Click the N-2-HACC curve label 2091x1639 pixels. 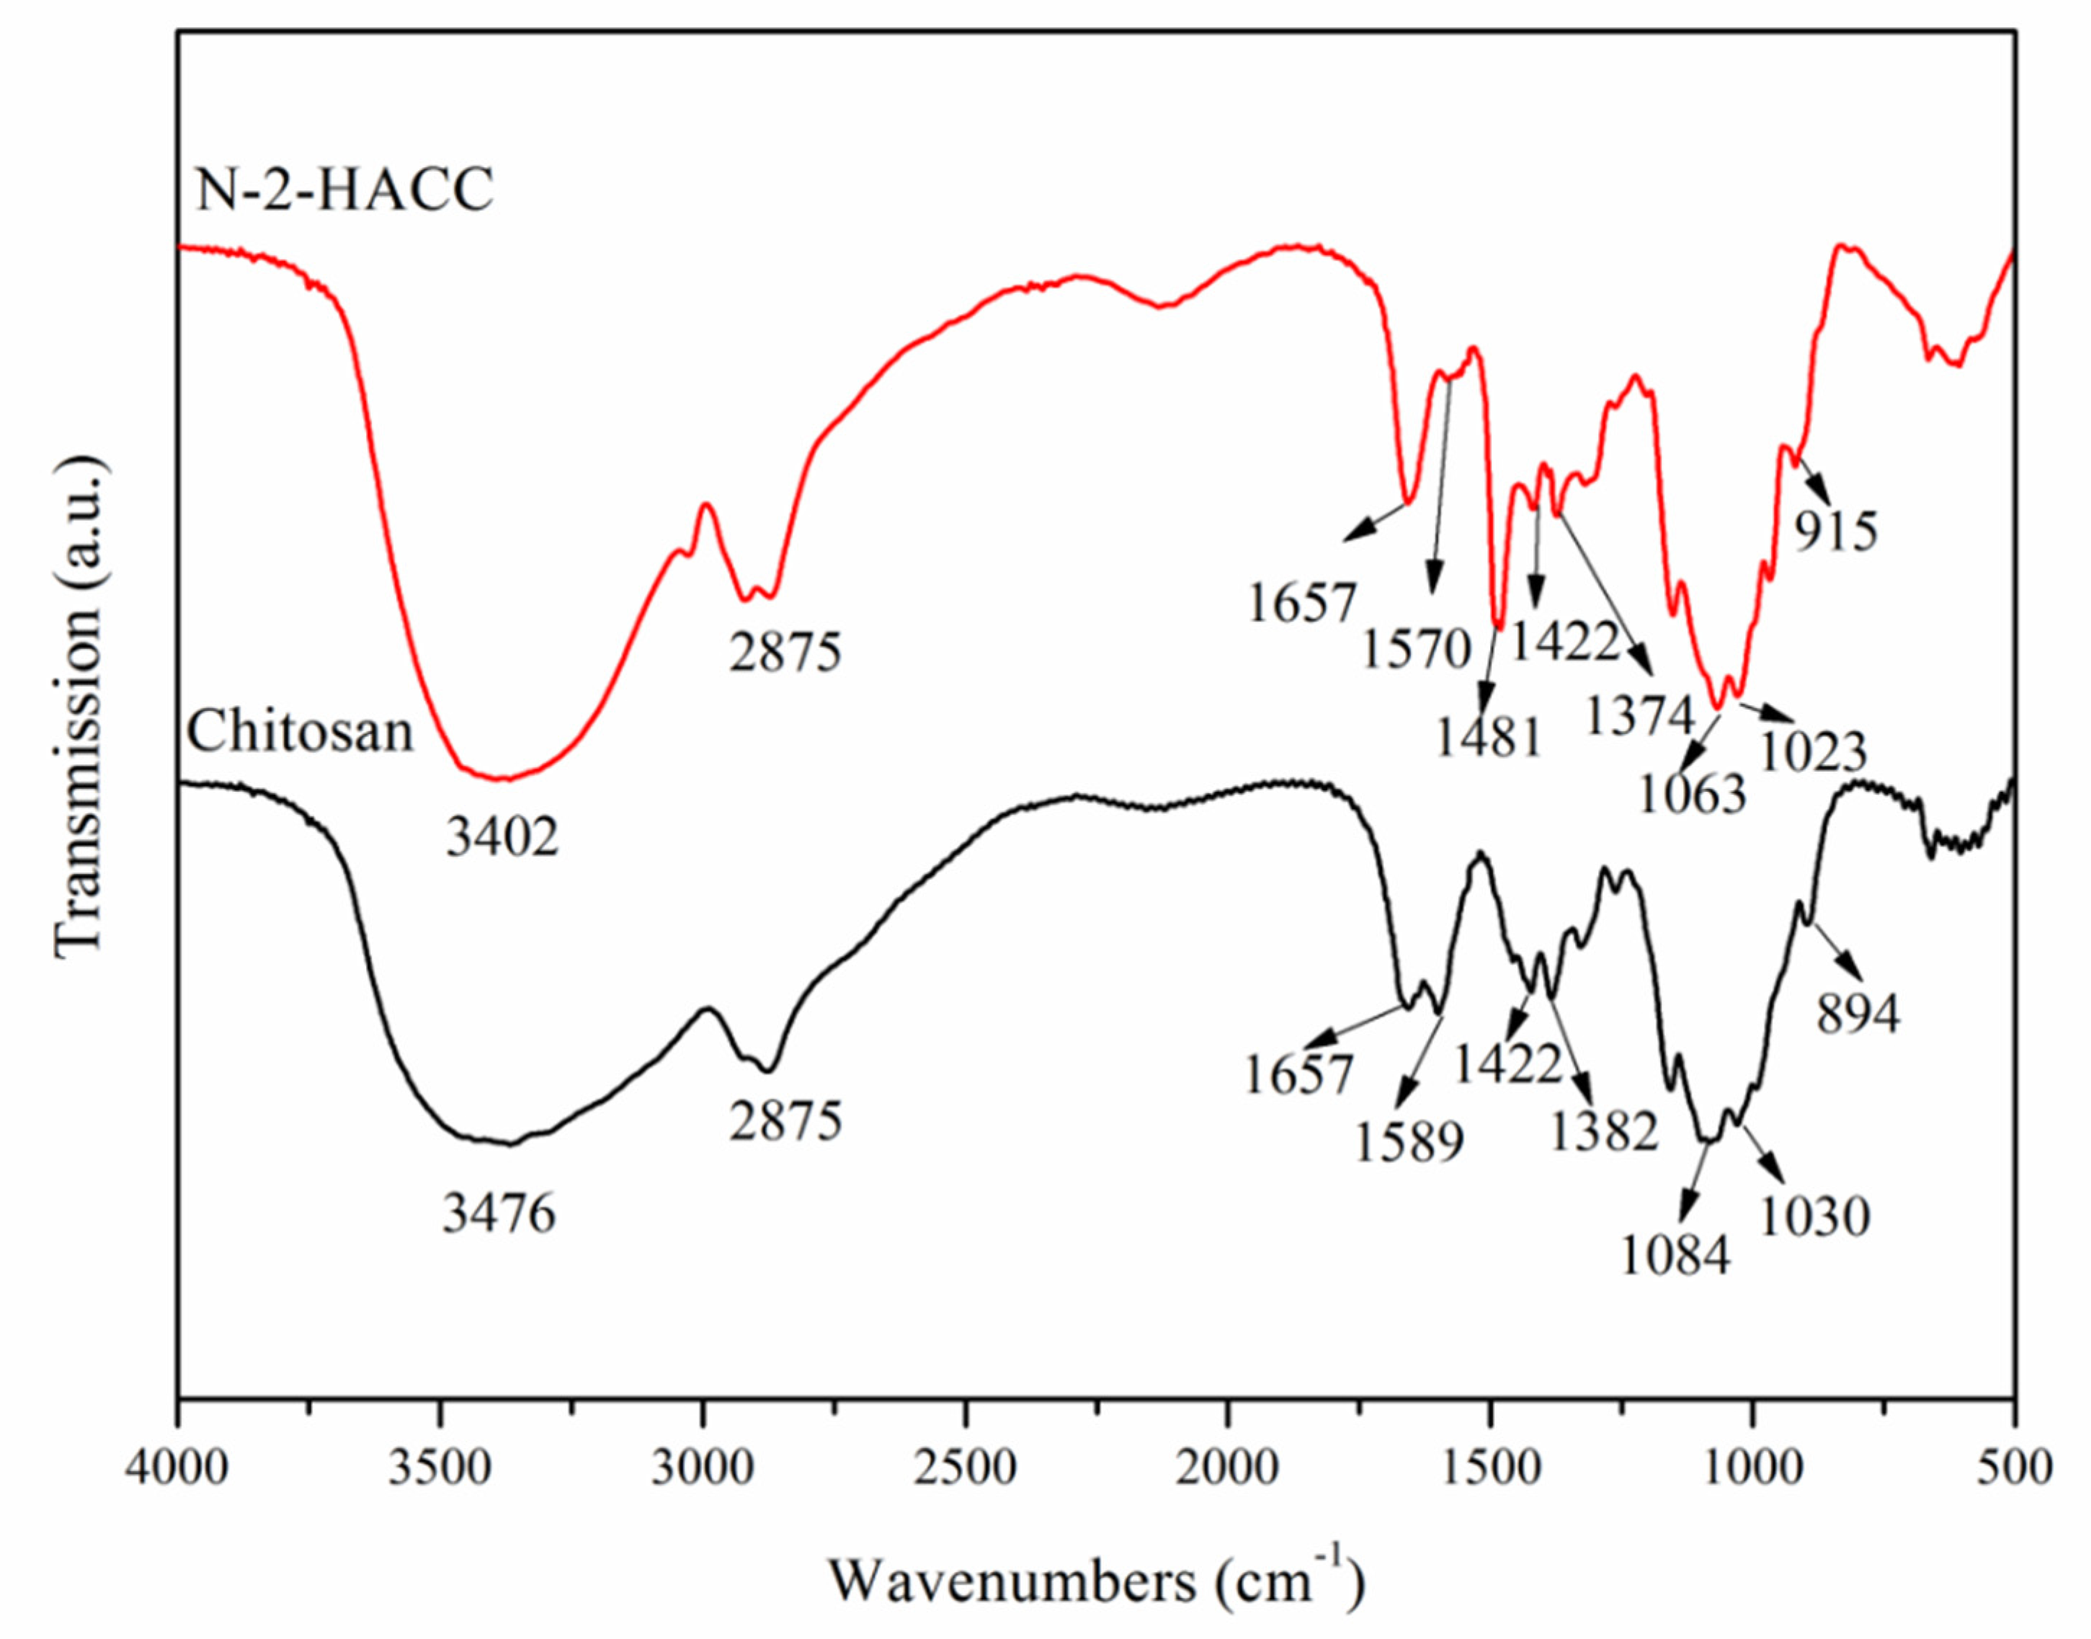344,190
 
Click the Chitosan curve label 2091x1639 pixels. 300,732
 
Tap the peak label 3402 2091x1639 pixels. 502,839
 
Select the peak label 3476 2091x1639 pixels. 499,1215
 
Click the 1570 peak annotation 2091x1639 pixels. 1417,650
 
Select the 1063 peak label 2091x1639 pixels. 1692,795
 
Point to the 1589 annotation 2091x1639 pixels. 1409,1142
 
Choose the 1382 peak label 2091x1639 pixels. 1605,1133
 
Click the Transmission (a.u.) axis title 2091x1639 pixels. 77,707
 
